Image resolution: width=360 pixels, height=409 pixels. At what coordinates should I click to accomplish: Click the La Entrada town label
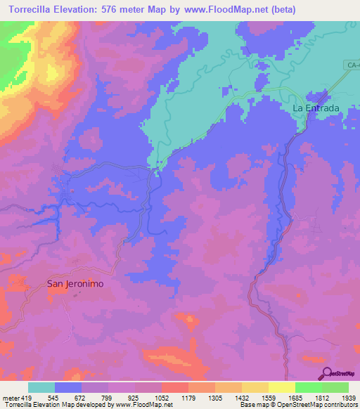pos(316,108)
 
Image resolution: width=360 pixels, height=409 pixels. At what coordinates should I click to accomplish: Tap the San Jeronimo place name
pos(75,284)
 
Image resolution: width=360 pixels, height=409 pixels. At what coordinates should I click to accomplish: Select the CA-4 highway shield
pos(352,65)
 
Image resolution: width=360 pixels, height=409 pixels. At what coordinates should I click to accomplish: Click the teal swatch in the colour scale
pos(41,387)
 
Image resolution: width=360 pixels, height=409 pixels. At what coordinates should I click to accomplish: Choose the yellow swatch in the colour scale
pos(282,387)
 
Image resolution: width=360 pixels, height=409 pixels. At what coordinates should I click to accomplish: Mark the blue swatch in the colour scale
pos(68,387)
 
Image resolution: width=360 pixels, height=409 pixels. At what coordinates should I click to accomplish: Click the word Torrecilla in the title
pos(28,10)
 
